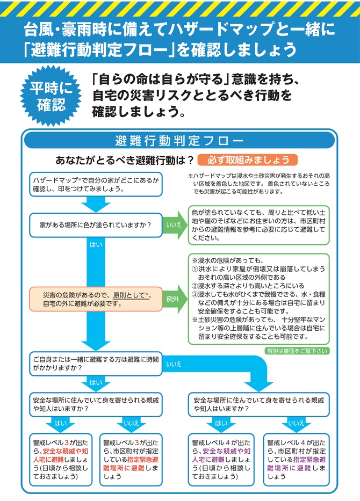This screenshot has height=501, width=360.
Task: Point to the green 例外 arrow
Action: tap(173, 299)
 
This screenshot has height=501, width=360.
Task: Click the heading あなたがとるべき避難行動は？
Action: tap(124, 160)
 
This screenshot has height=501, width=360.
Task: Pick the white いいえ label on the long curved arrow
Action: tap(174, 364)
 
